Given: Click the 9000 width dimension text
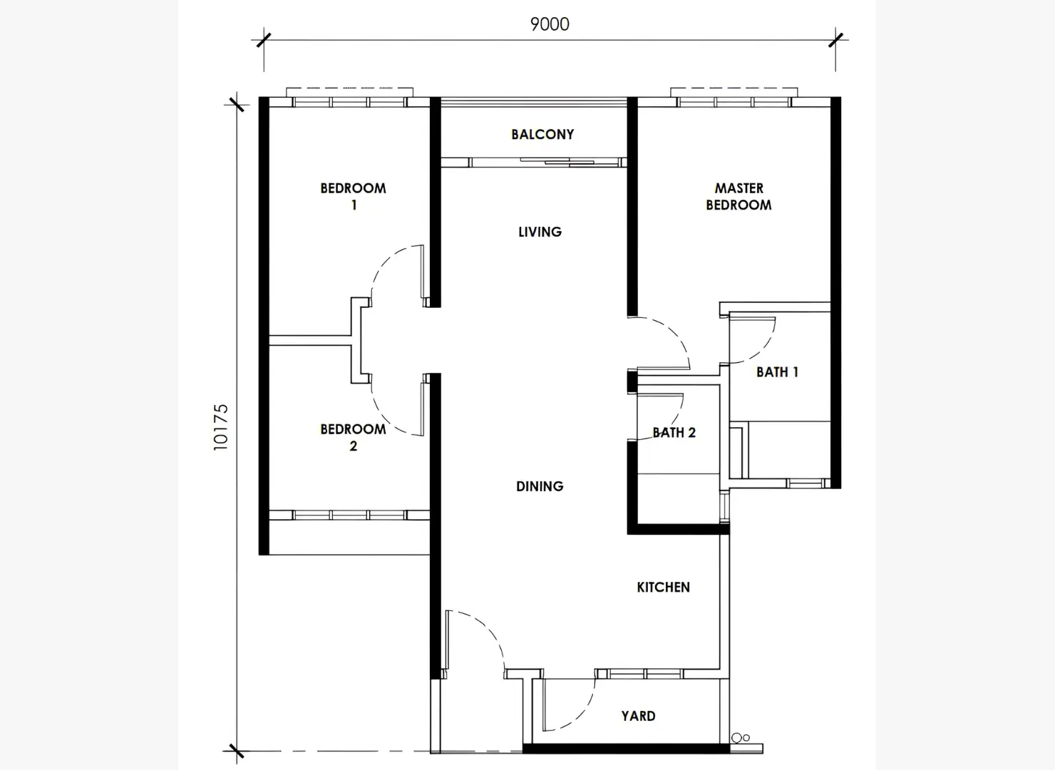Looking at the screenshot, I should pos(550,24).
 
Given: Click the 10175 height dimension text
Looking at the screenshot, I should pos(221,426).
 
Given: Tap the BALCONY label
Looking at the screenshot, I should pos(542,134).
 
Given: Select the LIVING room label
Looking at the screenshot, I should pos(540,232).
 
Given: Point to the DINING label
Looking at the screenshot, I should pos(540,486).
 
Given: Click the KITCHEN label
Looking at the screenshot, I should pos(663,587).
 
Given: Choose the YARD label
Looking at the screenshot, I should pos(638,716).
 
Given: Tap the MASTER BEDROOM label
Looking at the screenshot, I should pos(738,197).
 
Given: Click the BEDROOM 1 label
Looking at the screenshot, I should pos(353,197).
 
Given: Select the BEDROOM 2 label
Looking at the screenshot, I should pos(353,437).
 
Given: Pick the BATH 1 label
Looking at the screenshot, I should pos(777,372).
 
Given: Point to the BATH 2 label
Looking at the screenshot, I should pos(674,433).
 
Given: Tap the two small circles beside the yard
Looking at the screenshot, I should pos(741,738).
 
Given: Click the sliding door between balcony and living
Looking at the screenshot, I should pos(557,162).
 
